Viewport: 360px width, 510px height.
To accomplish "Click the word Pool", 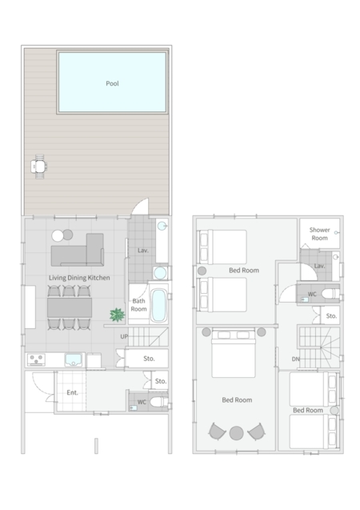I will click(112, 83).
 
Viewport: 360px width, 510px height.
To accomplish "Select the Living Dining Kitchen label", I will click(78, 278).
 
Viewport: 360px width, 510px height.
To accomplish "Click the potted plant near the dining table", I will click(117, 315).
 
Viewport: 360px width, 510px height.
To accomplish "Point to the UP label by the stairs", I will click(124, 337).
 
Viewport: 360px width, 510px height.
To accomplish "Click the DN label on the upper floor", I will click(295, 359).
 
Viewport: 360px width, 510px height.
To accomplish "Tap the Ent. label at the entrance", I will click(72, 392).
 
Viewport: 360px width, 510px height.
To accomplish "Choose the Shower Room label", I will click(319, 234).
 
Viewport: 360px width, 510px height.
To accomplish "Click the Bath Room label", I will click(138, 305).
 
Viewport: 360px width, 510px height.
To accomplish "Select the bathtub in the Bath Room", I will click(158, 305).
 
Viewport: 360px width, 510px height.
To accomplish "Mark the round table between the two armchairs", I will click(236, 433).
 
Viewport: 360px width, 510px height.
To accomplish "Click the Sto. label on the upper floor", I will click(330, 317).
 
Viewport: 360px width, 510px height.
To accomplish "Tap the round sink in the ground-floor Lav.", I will click(158, 273).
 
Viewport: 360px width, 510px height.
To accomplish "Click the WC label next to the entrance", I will click(142, 402).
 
